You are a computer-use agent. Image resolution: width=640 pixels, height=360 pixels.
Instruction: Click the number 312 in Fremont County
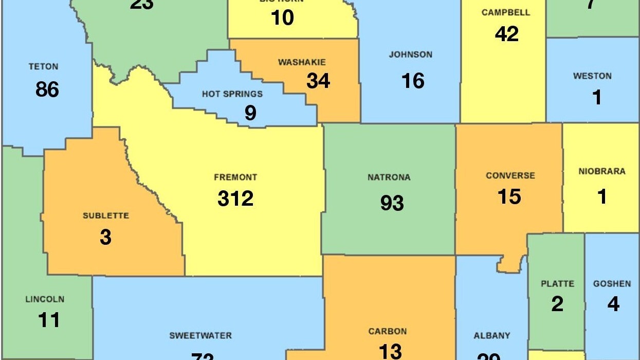[x=235, y=199]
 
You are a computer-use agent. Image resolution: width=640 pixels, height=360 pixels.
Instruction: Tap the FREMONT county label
[x=235, y=177]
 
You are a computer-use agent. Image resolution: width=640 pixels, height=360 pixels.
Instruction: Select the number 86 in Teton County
[x=47, y=89]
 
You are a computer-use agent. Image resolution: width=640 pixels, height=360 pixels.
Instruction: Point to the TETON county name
[x=44, y=66]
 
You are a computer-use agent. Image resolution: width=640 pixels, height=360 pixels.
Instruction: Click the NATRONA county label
[x=389, y=177]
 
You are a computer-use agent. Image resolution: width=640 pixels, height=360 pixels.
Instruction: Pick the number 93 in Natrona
[x=392, y=203]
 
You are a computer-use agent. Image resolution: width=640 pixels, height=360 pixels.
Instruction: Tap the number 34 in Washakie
[x=318, y=81]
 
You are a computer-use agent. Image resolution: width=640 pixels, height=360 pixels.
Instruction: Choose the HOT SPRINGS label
[x=232, y=94]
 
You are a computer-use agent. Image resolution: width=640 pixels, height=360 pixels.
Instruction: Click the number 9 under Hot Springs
[x=250, y=113]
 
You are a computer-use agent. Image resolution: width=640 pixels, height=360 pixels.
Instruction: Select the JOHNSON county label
[x=410, y=55]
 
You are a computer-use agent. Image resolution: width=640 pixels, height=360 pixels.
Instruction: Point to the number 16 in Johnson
[x=413, y=81]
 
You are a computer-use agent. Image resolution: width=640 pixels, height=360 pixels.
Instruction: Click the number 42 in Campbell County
[x=507, y=34]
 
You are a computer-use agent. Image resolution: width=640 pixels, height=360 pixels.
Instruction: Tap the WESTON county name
[x=592, y=76]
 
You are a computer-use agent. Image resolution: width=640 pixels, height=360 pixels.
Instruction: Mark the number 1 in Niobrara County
[x=602, y=196]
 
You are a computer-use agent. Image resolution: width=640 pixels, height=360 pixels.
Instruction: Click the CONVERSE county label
[x=510, y=175]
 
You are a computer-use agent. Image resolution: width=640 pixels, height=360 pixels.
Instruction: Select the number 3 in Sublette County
[x=105, y=238]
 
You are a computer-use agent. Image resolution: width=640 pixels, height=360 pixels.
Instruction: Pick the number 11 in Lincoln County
[x=49, y=320]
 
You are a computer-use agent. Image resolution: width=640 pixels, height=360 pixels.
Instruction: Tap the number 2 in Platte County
[x=557, y=304]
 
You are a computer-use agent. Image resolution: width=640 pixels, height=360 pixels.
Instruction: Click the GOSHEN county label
[x=612, y=283]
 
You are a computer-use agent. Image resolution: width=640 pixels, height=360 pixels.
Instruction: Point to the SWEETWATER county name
[x=200, y=336]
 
